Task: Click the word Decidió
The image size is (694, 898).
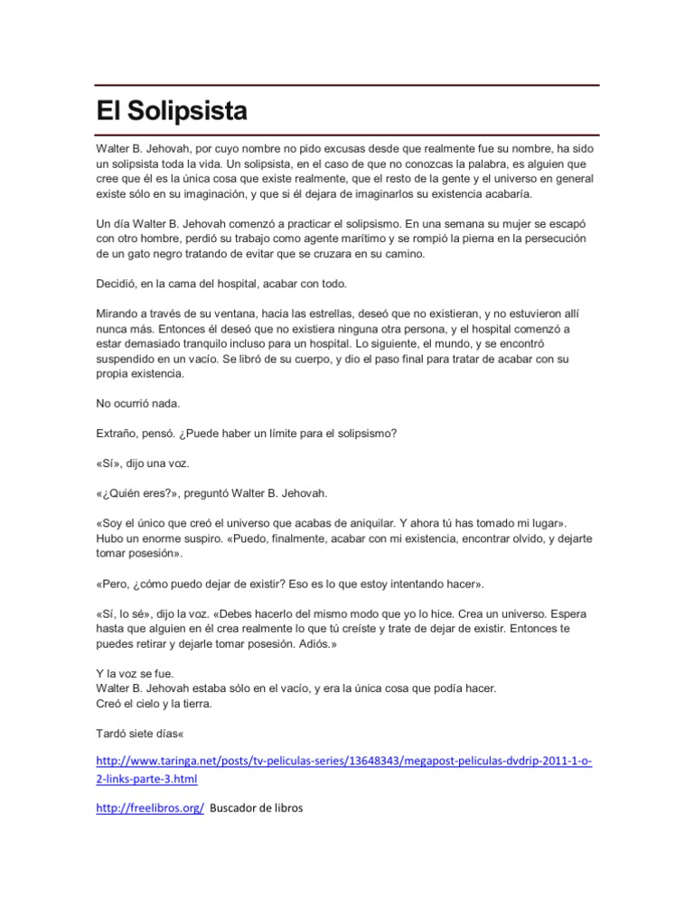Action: click(x=117, y=284)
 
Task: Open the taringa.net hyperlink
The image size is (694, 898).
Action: click(x=343, y=762)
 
